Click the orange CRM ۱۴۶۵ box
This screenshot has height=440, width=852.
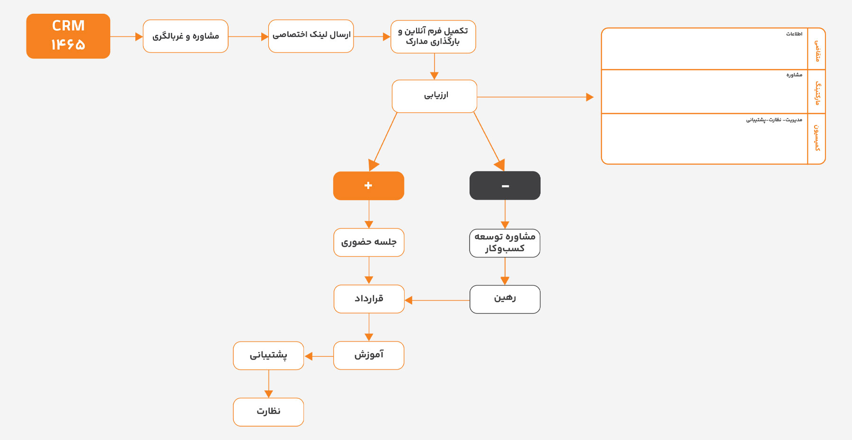(x=68, y=36)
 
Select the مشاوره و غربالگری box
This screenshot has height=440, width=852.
(x=186, y=36)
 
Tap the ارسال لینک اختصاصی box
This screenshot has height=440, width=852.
(x=311, y=36)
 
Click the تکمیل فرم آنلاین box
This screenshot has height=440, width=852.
(x=433, y=36)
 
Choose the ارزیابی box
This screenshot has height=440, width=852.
(x=435, y=96)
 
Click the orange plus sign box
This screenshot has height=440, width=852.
(x=369, y=185)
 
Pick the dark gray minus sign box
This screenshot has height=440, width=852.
(x=505, y=185)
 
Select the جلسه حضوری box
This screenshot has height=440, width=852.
(x=369, y=243)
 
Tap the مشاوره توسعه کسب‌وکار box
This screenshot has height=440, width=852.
(x=505, y=243)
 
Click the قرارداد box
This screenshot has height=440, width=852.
(x=369, y=299)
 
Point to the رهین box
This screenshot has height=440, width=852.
(x=505, y=299)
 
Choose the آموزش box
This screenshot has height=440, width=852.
(x=369, y=355)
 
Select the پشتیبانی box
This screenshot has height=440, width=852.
(x=268, y=355)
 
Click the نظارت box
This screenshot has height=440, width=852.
(x=268, y=412)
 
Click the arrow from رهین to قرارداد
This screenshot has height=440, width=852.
(x=437, y=300)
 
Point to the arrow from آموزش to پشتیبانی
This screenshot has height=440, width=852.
(x=319, y=356)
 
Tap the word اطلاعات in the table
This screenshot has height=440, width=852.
(x=794, y=34)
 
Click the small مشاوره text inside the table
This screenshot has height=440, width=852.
(x=794, y=75)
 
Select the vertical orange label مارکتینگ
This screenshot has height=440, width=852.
(x=817, y=93)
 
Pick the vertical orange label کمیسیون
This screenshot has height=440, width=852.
(x=817, y=138)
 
